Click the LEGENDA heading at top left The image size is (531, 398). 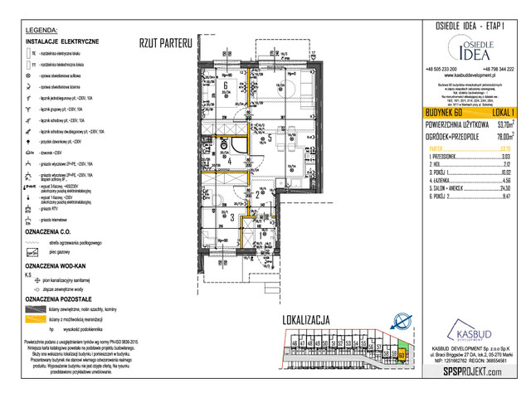(x=41, y=31)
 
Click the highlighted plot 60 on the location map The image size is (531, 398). (x=402, y=354)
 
